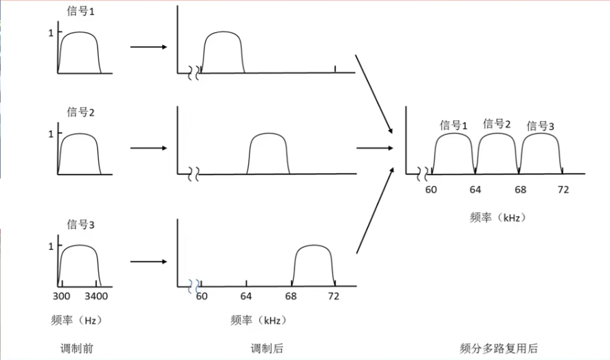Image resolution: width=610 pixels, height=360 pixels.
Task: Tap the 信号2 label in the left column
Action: click(x=80, y=112)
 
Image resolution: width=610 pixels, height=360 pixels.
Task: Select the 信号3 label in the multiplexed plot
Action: click(x=540, y=125)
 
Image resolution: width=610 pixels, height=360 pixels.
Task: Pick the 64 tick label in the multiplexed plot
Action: click(x=476, y=189)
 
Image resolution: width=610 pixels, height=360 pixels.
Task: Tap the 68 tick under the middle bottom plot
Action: click(x=292, y=297)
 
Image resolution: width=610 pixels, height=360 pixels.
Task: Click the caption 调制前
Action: click(x=76, y=348)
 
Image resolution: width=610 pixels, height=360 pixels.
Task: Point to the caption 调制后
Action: click(x=267, y=348)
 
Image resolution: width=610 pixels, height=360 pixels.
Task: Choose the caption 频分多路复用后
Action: click(x=499, y=348)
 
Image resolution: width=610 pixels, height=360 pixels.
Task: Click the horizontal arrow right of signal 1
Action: click(x=148, y=47)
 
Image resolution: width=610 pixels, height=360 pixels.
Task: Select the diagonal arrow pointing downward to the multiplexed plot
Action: click(x=374, y=95)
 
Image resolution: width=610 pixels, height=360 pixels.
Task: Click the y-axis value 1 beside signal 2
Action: click(x=50, y=134)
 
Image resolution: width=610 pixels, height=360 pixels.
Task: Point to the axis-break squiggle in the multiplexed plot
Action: click(x=428, y=172)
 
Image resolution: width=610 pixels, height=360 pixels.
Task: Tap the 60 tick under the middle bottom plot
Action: click(x=202, y=297)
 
